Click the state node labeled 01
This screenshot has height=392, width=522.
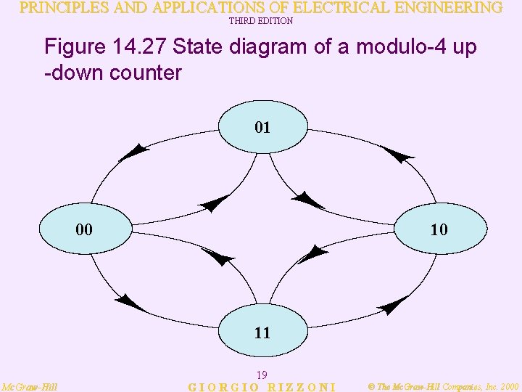(x=262, y=128)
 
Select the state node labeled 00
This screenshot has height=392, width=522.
(x=84, y=229)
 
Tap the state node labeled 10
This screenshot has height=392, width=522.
(x=439, y=229)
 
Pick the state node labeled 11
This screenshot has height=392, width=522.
(x=262, y=332)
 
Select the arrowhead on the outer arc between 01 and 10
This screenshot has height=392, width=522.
(x=397, y=154)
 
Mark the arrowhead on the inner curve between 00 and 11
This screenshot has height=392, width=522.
(x=218, y=256)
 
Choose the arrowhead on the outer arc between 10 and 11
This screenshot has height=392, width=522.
(x=394, y=304)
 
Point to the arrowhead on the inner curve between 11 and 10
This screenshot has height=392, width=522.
(x=313, y=253)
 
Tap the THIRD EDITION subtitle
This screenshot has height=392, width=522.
(x=261, y=21)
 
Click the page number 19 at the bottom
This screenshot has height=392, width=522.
(x=262, y=375)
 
